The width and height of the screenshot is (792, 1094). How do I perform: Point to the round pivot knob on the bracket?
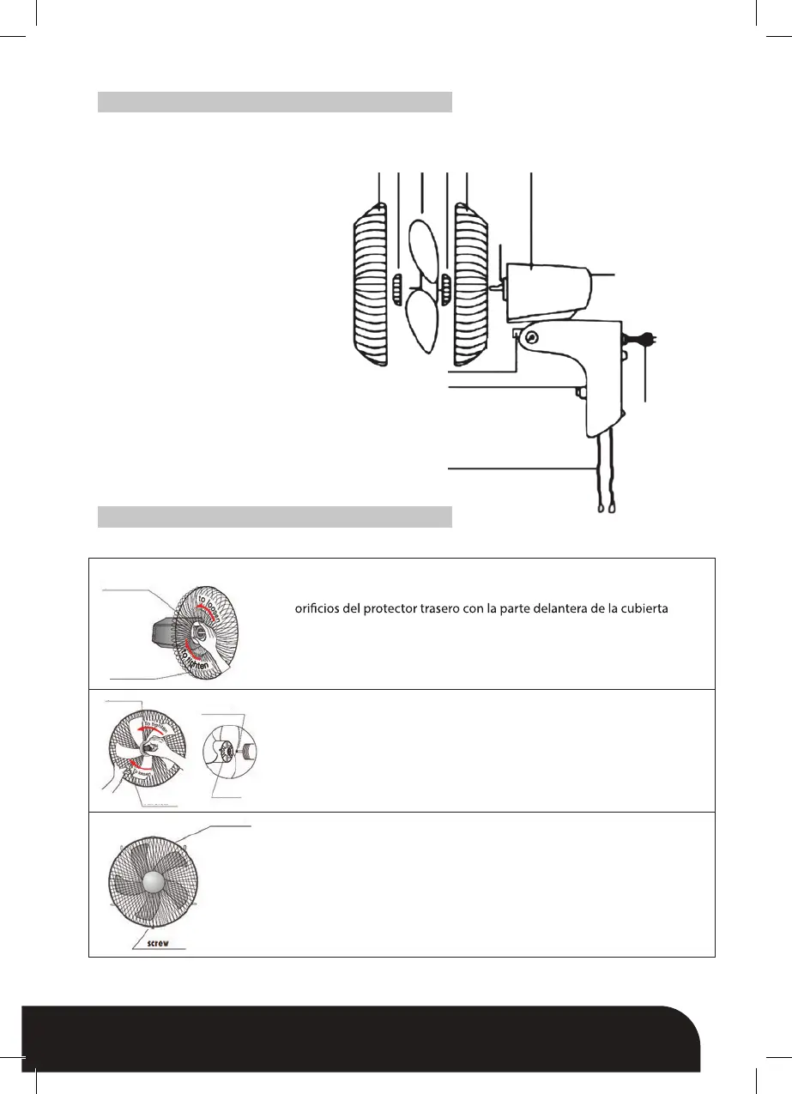pyautogui.click(x=531, y=338)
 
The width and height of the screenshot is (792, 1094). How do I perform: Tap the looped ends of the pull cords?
pyautogui.click(x=605, y=508)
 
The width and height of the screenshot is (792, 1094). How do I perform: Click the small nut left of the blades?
pyautogui.click(x=397, y=290)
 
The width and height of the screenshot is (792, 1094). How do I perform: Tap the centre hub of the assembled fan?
pyautogui.click(x=154, y=885)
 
